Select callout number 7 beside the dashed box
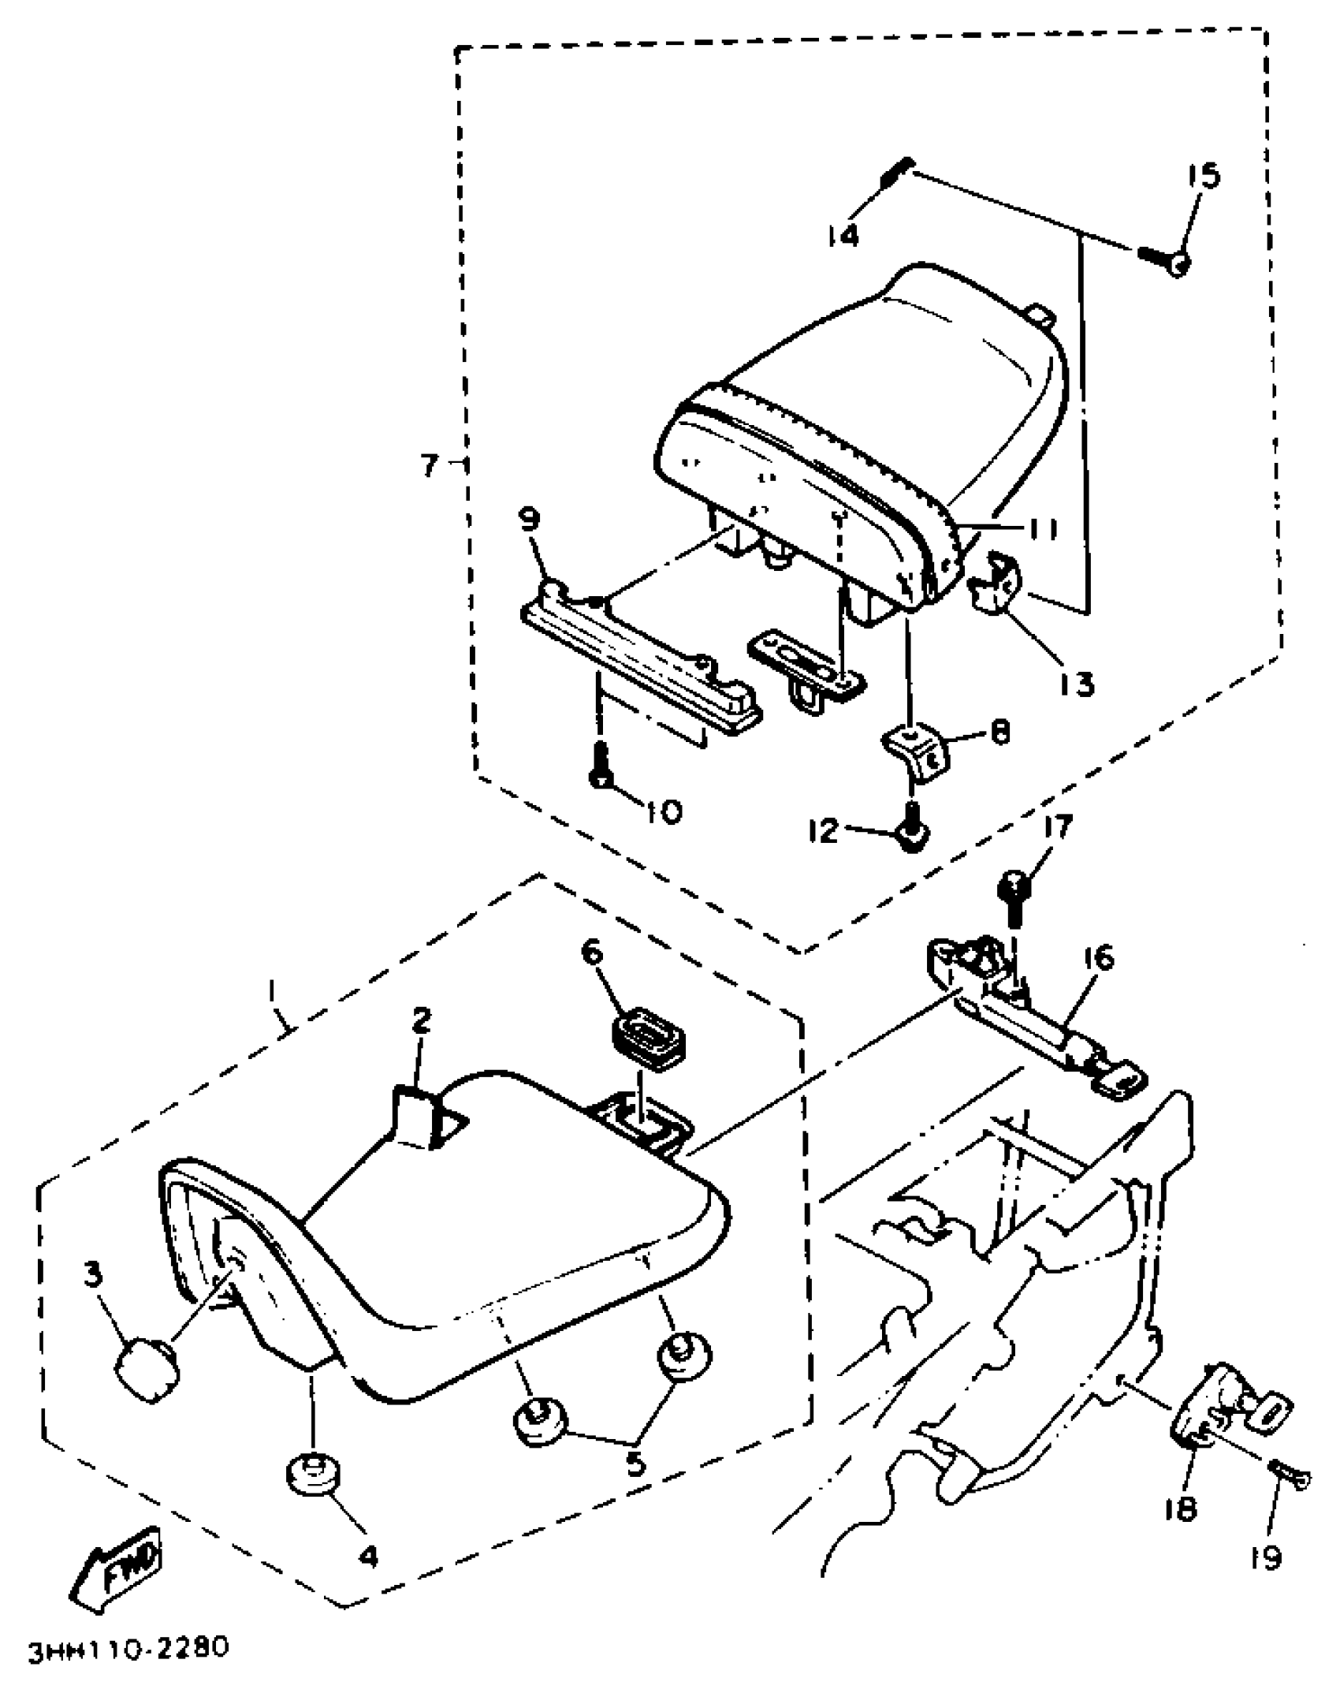coord(429,466)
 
